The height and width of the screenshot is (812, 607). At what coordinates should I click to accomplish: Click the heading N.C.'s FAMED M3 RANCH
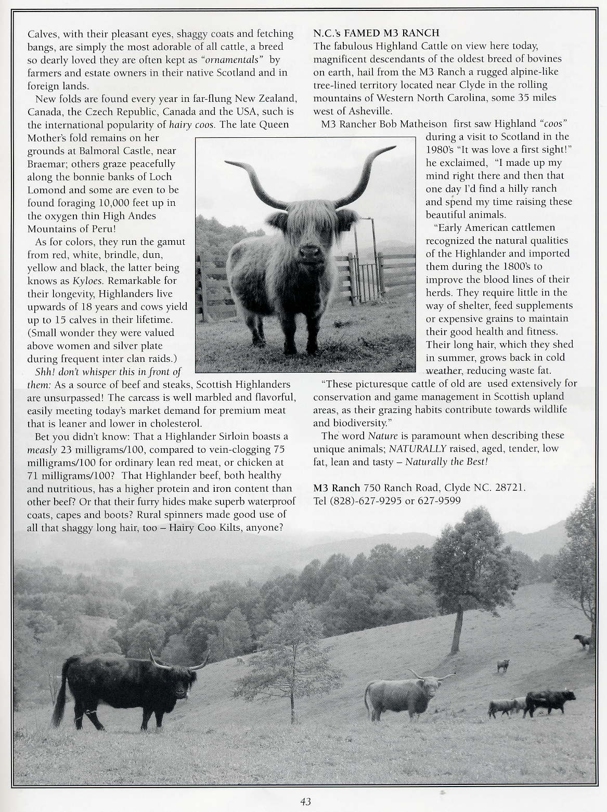pyautogui.click(x=376, y=33)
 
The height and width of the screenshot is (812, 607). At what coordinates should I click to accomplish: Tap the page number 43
pyautogui.click(x=305, y=802)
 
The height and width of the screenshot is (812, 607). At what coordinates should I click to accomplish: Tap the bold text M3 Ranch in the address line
pyautogui.click(x=337, y=488)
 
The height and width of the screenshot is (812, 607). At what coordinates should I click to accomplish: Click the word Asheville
pyautogui.click(x=371, y=111)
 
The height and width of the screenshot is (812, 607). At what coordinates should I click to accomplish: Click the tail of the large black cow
pyautogui.click(x=60, y=697)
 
